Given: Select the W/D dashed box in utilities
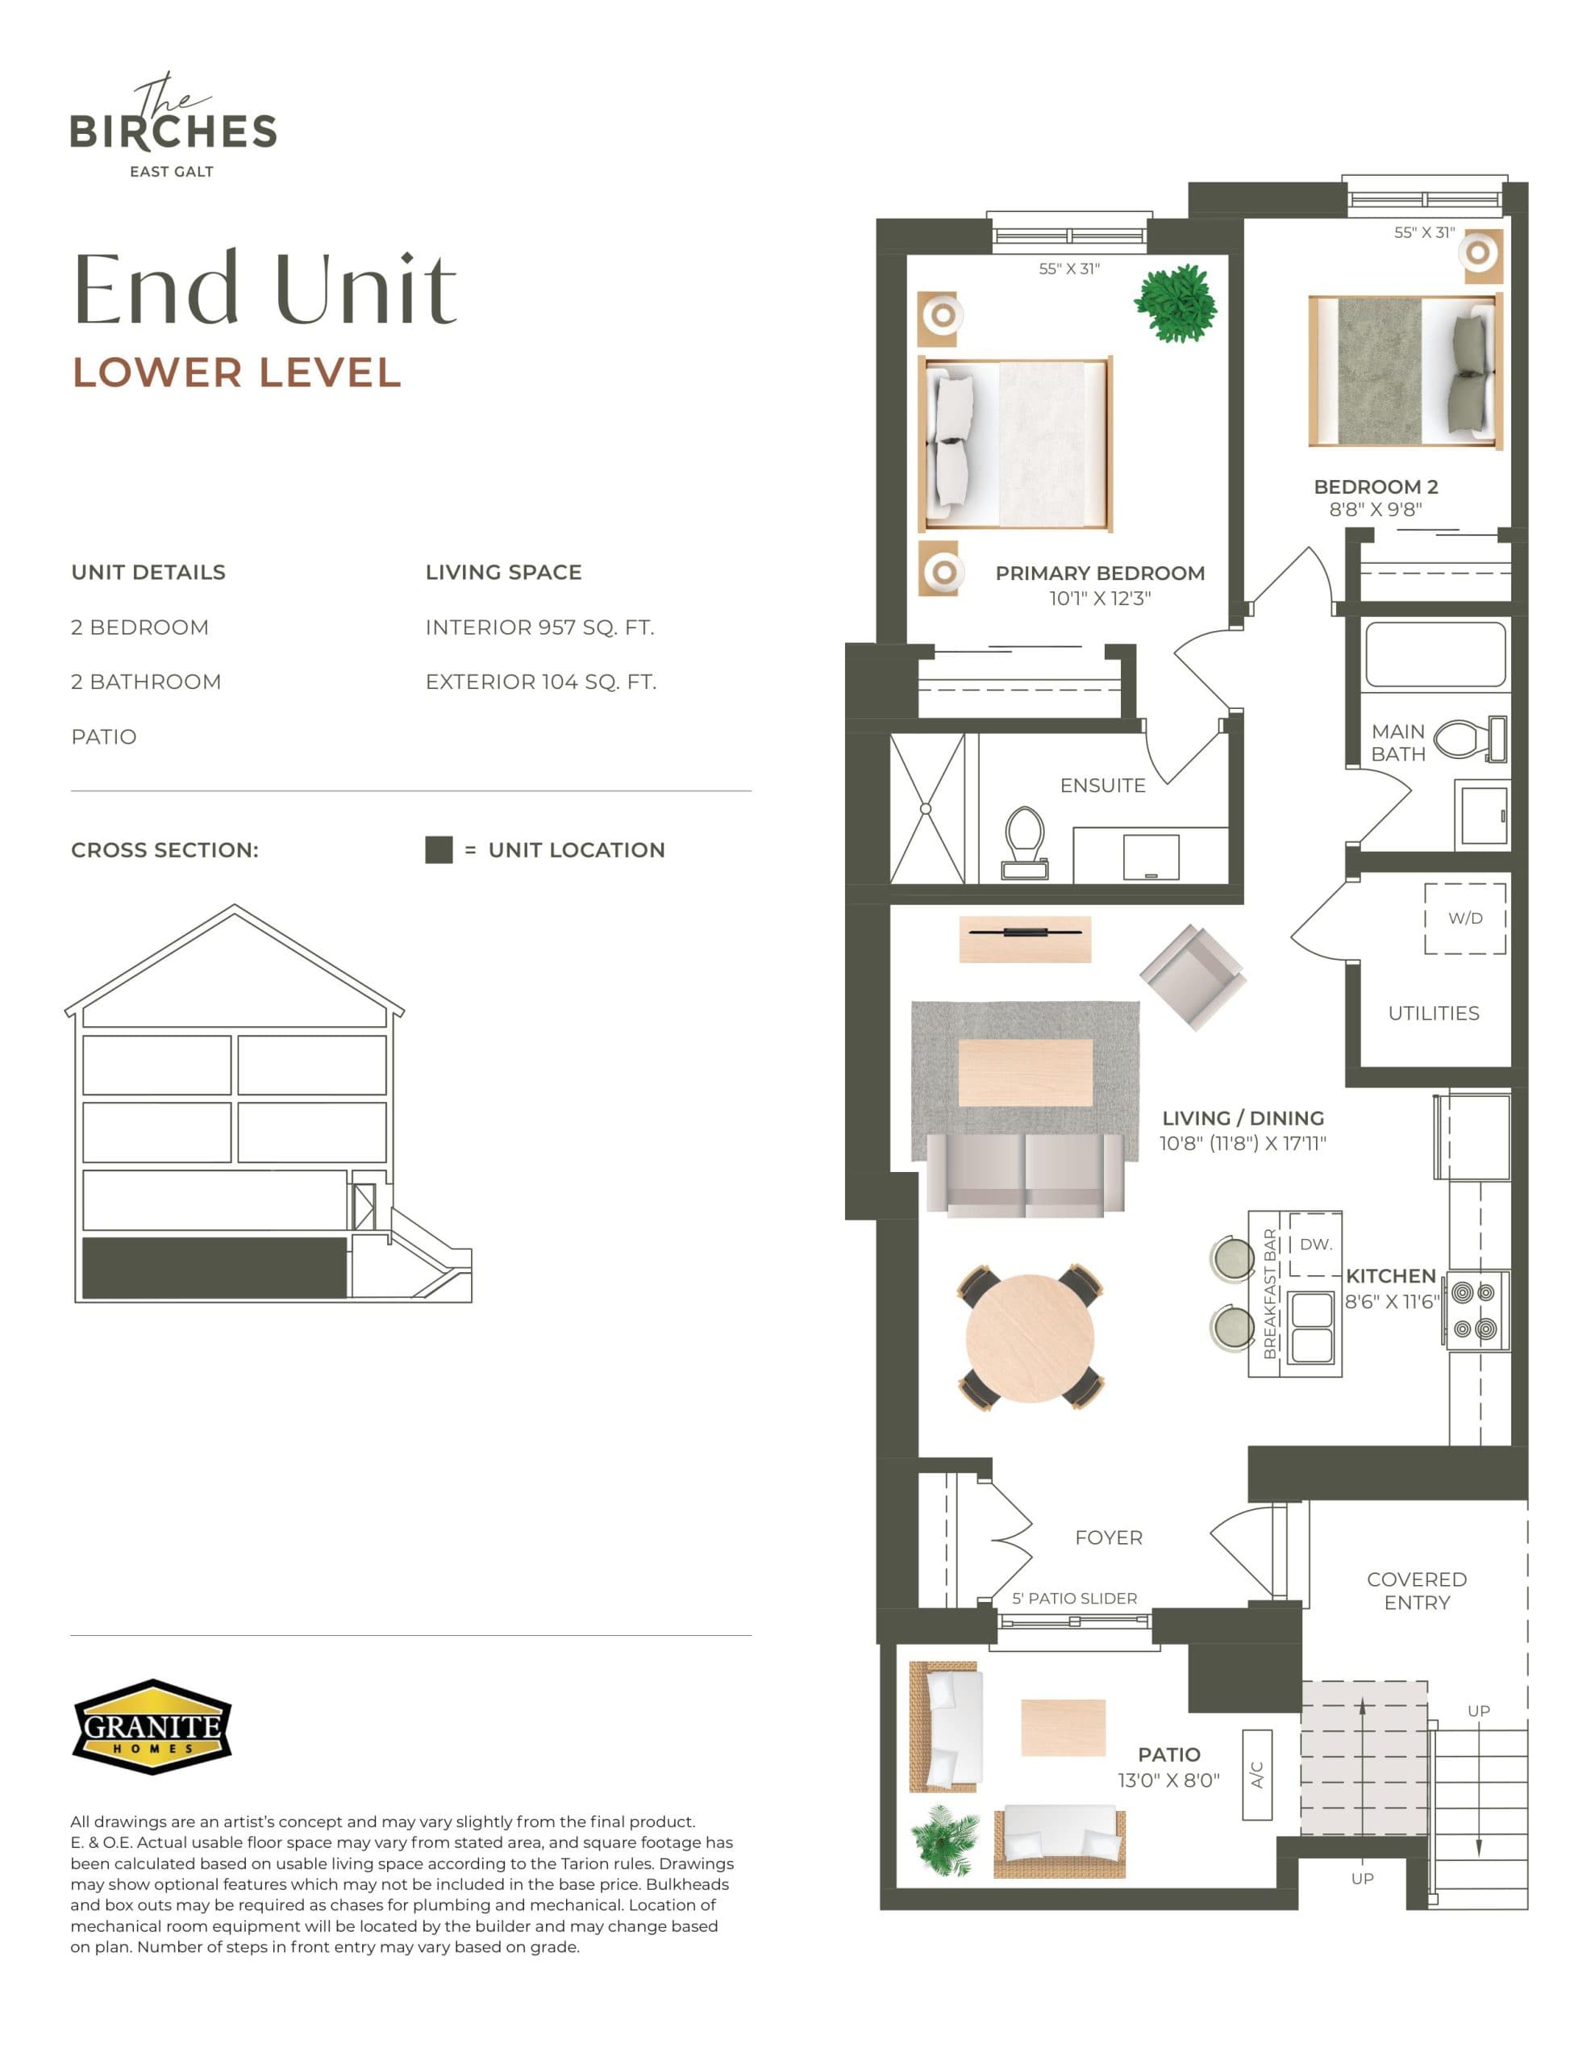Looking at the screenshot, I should pyautogui.click(x=1464, y=918).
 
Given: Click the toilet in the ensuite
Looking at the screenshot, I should pyautogui.click(x=1025, y=841).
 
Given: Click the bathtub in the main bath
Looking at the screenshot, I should pyautogui.click(x=1435, y=654).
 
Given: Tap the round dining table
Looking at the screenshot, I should pyautogui.click(x=1030, y=1336).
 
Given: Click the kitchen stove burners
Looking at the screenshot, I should pyautogui.click(x=1476, y=1309).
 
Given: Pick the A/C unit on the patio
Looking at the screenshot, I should pyautogui.click(x=1256, y=1775).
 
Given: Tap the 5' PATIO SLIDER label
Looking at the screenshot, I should pyautogui.click(x=1074, y=1598).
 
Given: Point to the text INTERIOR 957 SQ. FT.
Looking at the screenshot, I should pyautogui.click(x=539, y=628).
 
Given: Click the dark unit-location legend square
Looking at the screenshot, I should pyautogui.click(x=439, y=849).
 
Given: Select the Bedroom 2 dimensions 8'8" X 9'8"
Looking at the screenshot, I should pyautogui.click(x=1375, y=510).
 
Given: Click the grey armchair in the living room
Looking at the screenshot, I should pyautogui.click(x=1193, y=977).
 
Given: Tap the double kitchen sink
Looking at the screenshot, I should pyautogui.click(x=1311, y=1327).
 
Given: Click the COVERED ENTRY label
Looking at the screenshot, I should pyautogui.click(x=1416, y=1591).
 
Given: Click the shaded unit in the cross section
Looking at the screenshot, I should pyautogui.click(x=214, y=1267).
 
